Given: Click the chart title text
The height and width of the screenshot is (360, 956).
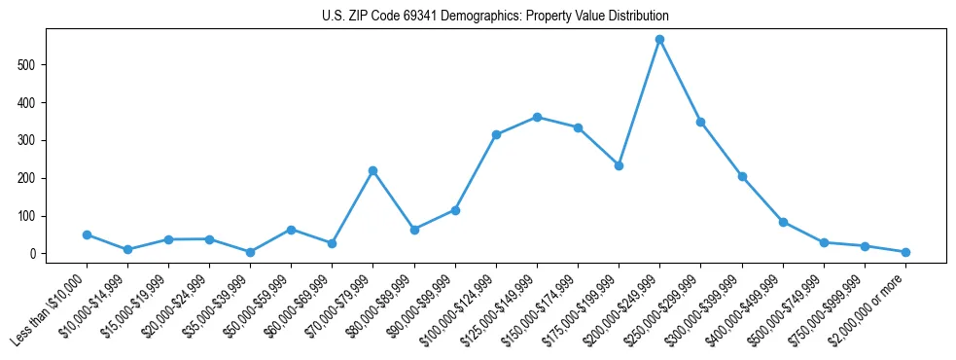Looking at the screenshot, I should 495,17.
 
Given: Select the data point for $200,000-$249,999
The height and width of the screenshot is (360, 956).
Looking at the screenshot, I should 659,40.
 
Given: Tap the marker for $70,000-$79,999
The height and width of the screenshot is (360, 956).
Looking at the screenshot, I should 372,170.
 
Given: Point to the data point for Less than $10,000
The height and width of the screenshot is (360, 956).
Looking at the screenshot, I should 87,234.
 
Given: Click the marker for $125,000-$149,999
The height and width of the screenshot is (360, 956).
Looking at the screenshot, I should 537,117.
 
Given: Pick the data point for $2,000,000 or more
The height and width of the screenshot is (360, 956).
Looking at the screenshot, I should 905,252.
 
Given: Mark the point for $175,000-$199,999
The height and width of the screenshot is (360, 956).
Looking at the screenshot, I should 619,165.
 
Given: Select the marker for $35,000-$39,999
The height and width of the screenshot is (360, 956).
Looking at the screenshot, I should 250,252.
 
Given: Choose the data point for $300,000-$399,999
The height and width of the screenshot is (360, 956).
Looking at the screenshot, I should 742,176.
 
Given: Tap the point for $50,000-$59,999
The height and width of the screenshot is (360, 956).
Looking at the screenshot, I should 291,230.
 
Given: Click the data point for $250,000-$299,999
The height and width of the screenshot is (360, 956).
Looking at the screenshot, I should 700,122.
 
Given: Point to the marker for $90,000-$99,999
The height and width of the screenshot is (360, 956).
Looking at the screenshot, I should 455,210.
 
